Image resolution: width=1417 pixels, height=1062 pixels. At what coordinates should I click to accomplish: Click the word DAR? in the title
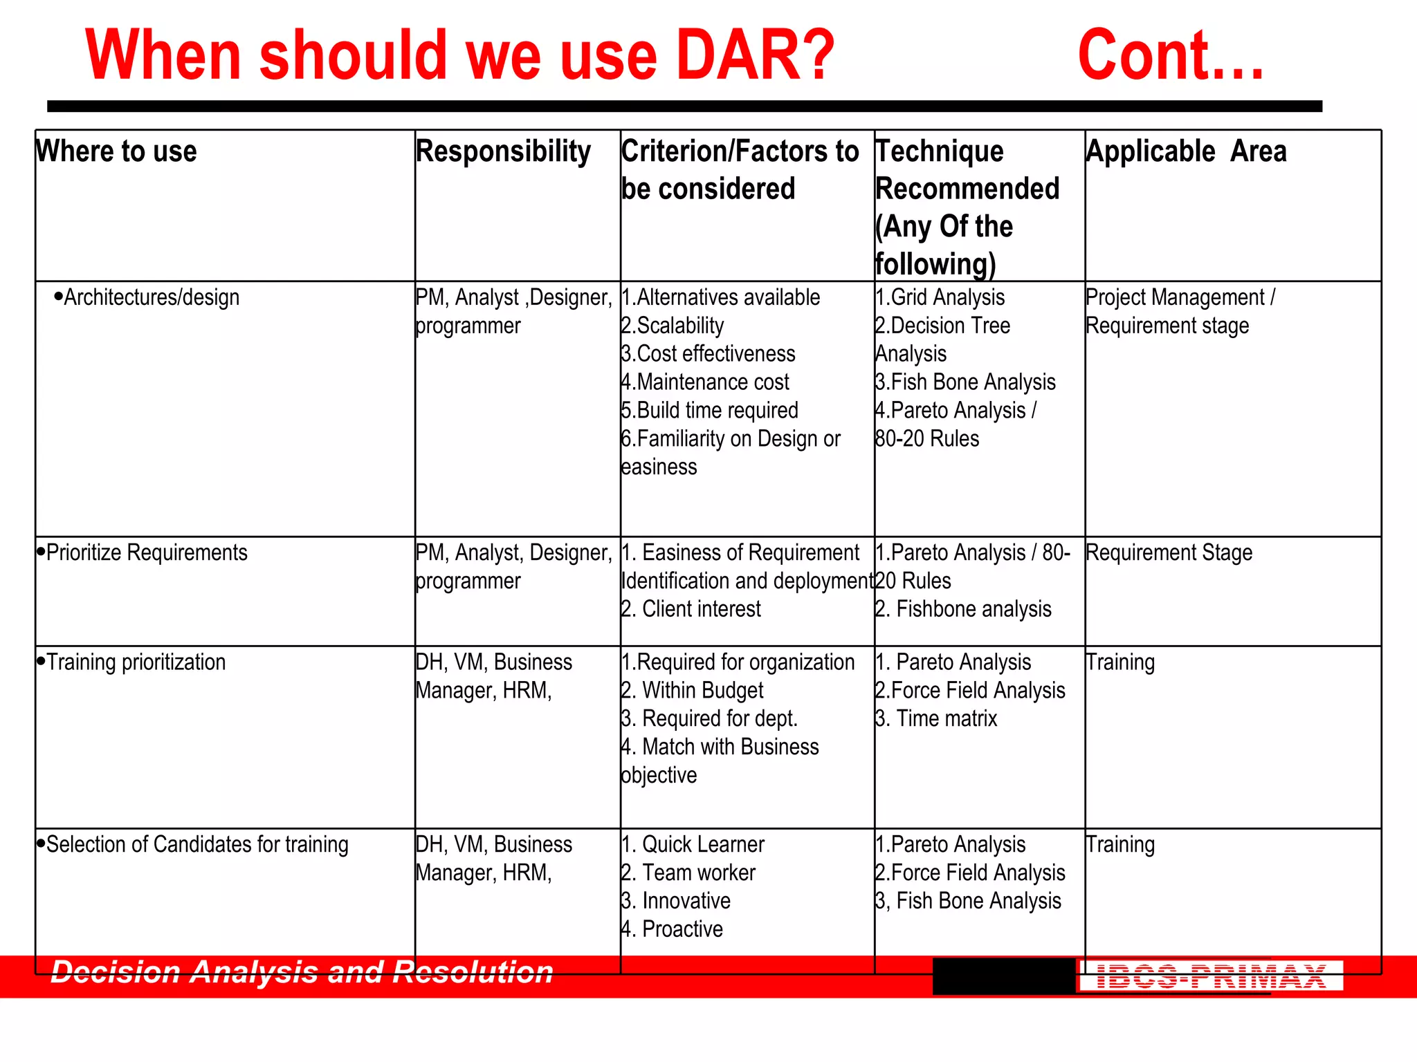click(756, 55)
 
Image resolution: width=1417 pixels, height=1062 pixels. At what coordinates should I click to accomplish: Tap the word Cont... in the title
click(1171, 55)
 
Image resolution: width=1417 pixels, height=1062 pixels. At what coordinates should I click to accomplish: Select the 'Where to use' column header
click(116, 151)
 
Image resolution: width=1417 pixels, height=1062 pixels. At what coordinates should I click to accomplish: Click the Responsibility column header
click(503, 151)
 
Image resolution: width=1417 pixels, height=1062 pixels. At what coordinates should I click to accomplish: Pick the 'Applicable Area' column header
click(1186, 151)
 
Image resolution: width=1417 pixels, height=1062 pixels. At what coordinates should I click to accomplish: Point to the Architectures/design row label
click(151, 297)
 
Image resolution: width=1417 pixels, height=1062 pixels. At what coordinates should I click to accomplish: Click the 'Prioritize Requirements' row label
click(146, 552)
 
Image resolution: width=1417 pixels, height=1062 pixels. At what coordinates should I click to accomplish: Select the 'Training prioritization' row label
click(136, 662)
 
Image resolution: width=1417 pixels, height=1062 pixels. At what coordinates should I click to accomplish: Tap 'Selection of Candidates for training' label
click(197, 844)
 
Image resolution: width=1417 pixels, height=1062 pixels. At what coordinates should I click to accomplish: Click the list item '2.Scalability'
click(673, 326)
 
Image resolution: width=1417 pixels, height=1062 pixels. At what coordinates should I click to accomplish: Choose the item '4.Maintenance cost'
click(705, 382)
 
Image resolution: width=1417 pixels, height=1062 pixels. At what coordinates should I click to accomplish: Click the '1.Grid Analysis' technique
click(940, 297)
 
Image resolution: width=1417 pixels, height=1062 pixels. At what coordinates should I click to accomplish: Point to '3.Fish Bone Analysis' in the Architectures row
click(965, 382)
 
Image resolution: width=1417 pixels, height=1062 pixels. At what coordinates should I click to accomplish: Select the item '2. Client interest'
click(691, 609)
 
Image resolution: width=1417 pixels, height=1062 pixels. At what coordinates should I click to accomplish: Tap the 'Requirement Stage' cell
click(1169, 552)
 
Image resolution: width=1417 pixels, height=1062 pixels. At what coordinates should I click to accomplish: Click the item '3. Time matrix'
click(936, 719)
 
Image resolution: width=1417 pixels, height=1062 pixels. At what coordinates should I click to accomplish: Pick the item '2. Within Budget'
click(693, 691)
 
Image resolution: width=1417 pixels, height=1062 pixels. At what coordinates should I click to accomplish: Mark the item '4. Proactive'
click(672, 929)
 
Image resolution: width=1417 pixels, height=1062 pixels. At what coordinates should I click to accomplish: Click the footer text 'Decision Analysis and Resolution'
click(302, 972)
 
